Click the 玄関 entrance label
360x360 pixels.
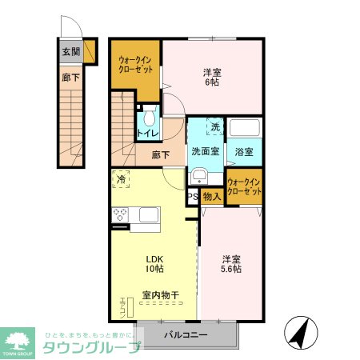click(70, 52)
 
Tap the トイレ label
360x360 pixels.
click(148, 134)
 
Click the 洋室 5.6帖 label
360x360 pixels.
click(232, 265)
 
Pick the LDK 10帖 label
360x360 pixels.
click(154, 265)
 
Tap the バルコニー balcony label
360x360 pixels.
click(186, 334)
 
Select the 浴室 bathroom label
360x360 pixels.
click(243, 151)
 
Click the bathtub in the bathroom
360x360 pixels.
click(246, 129)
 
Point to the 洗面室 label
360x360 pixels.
click(205, 151)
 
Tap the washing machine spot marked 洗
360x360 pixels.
click(215, 127)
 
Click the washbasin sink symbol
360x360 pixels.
click(199, 177)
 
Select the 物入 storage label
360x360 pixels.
click(211, 197)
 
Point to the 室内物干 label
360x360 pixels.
click(160, 296)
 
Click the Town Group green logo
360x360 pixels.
click(20, 342)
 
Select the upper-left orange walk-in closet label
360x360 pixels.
click(134, 64)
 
